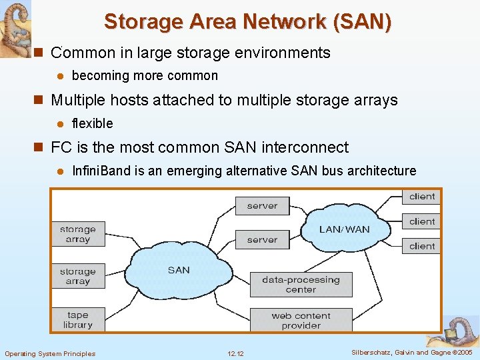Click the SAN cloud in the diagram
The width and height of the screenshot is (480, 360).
click(x=179, y=270)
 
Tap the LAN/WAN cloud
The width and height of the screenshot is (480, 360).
click(x=344, y=229)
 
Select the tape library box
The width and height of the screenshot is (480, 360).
click(x=78, y=319)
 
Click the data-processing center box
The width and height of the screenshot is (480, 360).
click(x=301, y=285)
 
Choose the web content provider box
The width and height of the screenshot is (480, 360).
click(x=301, y=320)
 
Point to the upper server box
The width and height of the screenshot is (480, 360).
click(x=262, y=206)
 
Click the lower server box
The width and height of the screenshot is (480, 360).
click(x=262, y=239)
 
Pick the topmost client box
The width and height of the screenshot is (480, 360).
click(x=421, y=197)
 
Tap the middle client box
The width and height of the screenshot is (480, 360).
click(x=421, y=221)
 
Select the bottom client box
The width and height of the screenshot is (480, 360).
click(x=421, y=246)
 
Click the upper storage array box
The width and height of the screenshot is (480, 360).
click(x=78, y=234)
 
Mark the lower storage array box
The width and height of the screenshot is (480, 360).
click(x=78, y=276)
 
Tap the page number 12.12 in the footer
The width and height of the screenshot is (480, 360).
click(x=235, y=353)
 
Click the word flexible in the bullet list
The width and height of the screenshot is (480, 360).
click(x=92, y=123)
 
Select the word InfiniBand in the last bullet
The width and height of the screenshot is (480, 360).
click(x=101, y=171)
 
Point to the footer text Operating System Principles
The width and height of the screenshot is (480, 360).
click(x=50, y=353)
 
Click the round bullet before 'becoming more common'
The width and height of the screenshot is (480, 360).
click(x=60, y=76)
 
